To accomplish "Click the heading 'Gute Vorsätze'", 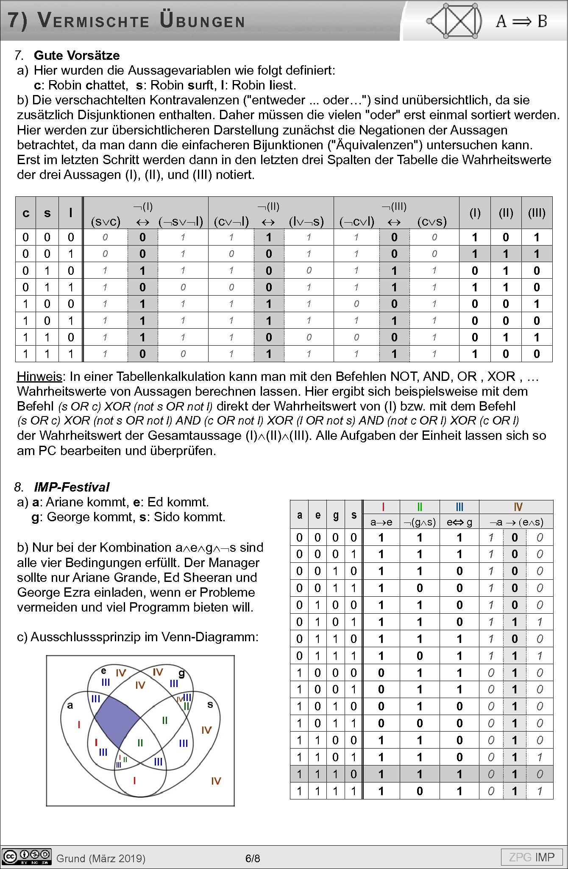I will [77, 56].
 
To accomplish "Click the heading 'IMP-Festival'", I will [72, 487].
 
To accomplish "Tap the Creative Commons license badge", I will [26, 857].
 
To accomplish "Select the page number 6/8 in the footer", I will [253, 858].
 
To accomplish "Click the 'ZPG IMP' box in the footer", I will [532, 857].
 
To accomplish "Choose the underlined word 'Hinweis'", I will [39, 377].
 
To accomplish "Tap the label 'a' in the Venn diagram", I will [70, 705].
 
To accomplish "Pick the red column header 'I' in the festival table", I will [383, 507].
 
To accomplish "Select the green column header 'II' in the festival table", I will [420, 507].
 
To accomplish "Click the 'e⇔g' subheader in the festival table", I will [459, 522].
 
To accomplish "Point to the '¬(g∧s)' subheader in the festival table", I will [420, 522].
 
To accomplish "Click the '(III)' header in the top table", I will [537, 213].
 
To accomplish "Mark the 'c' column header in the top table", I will [26, 213].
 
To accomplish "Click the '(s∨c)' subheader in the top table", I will [106, 221].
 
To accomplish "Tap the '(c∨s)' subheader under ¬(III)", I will [432, 221].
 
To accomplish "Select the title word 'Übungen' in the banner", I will [203, 20].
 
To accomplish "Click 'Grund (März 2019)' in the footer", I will [101, 858].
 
